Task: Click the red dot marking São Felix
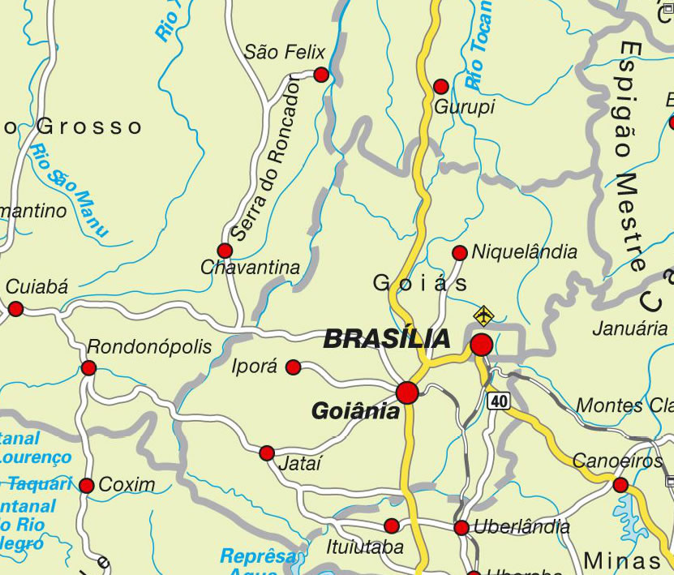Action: point(320,75)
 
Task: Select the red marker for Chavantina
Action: point(225,251)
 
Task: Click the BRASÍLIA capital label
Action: point(387,339)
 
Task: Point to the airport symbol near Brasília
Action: point(483,313)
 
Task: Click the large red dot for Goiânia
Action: point(407,393)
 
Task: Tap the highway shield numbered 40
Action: point(497,400)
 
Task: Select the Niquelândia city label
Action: point(524,251)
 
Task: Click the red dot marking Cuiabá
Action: point(15,308)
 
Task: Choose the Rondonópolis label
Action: point(149,347)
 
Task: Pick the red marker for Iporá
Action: point(294,367)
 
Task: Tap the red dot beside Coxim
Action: point(87,486)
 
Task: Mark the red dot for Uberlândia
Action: point(461,528)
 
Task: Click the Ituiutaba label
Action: point(364,547)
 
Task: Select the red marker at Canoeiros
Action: point(620,485)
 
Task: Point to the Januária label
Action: point(629,329)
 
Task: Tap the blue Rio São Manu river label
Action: point(70,190)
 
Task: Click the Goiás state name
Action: point(420,283)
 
